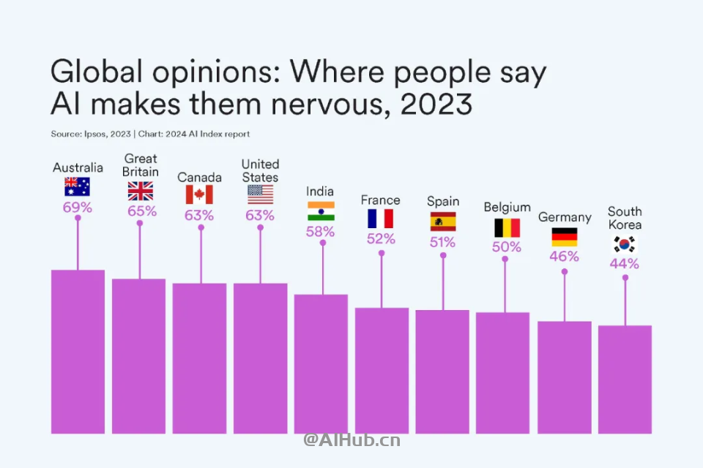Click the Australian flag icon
78,186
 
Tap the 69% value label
78,207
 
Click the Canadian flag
199,195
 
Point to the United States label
260,170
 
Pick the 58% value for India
321,231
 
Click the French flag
381,219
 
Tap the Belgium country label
507,208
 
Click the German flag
564,236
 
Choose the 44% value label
624,263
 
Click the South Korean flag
625,244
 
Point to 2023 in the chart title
436,105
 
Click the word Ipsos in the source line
96,134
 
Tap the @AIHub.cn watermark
352,440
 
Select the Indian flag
321,211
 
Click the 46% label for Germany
564,256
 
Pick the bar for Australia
78,351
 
